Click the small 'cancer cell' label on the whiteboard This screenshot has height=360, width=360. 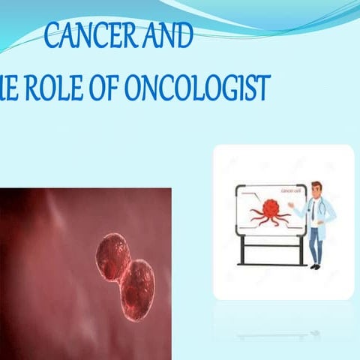[x=289, y=190]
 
